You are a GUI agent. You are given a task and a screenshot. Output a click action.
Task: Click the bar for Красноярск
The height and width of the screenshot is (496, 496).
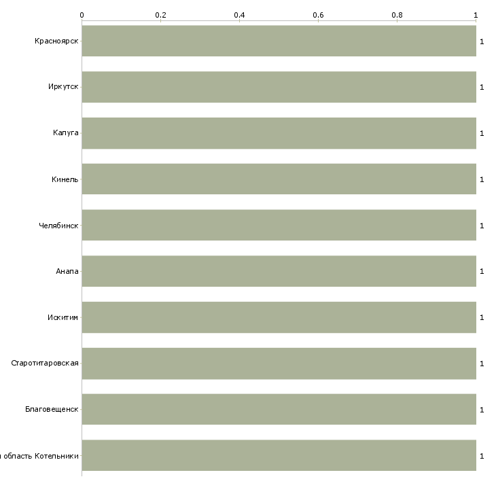tap(279, 41)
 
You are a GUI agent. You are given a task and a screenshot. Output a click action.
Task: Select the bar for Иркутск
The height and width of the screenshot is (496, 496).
tap(279, 87)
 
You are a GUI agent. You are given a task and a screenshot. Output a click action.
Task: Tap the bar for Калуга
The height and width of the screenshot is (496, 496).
tap(279, 133)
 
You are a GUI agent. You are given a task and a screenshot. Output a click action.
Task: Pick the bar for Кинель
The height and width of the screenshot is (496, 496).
tap(279, 179)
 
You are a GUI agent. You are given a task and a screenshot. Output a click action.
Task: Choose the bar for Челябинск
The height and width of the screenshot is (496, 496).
tap(279, 225)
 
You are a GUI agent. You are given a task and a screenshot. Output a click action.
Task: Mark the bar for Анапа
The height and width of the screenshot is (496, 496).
tap(279, 271)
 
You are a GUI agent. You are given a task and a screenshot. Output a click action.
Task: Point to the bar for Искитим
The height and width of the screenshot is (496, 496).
tap(279, 317)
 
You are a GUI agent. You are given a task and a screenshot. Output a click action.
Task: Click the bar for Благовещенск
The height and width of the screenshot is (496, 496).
tap(279, 410)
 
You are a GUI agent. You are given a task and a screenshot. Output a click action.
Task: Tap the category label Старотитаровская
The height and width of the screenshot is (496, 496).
tap(45, 363)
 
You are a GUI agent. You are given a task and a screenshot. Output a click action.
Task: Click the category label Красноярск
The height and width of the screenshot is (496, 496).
tap(57, 41)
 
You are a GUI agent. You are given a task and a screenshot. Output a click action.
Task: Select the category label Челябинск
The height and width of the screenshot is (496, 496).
tap(58, 225)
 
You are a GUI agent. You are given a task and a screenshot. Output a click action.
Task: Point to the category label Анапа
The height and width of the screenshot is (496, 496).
tap(67, 271)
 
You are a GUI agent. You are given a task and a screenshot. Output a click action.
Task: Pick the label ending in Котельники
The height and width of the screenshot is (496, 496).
tap(41, 456)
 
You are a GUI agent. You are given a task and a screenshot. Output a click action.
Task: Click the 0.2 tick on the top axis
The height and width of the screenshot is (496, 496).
tap(160, 14)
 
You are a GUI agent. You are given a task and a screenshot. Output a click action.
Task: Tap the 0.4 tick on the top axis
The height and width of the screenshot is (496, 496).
tap(239, 14)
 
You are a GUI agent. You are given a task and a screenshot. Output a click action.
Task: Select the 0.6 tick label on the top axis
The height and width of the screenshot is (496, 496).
tap(318, 14)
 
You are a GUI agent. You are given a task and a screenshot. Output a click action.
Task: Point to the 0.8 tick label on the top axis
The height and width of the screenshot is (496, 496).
tap(397, 14)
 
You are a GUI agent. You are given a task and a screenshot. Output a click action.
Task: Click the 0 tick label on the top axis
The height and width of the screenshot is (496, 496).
tap(82, 14)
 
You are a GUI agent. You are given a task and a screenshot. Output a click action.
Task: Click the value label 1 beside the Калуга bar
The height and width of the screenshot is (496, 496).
tap(482, 133)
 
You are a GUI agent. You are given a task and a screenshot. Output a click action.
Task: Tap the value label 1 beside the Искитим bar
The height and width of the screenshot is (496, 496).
tap(482, 317)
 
